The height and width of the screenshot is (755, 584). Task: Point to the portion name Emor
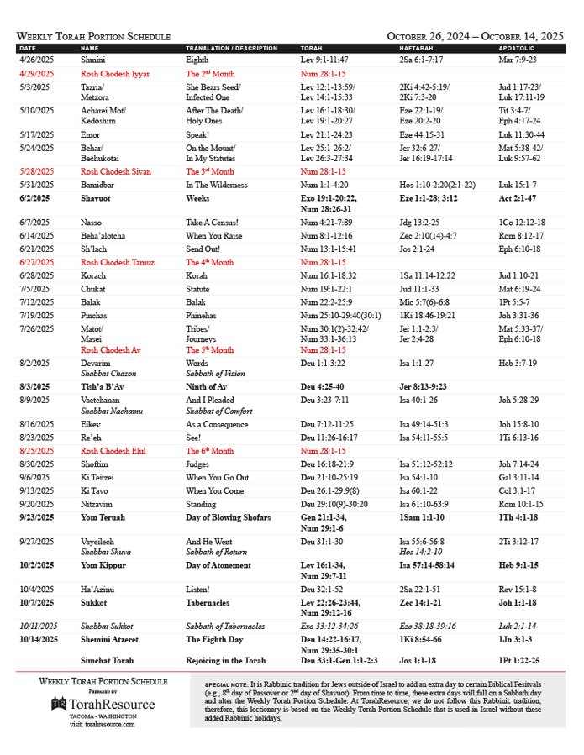pyautogui.click(x=91, y=134)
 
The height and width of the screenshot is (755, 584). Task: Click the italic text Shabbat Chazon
pyautogui.click(x=109, y=372)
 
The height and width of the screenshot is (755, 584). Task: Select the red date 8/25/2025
pyautogui.click(x=36, y=451)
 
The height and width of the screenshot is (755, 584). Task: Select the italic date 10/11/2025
pyautogui.click(x=38, y=626)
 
